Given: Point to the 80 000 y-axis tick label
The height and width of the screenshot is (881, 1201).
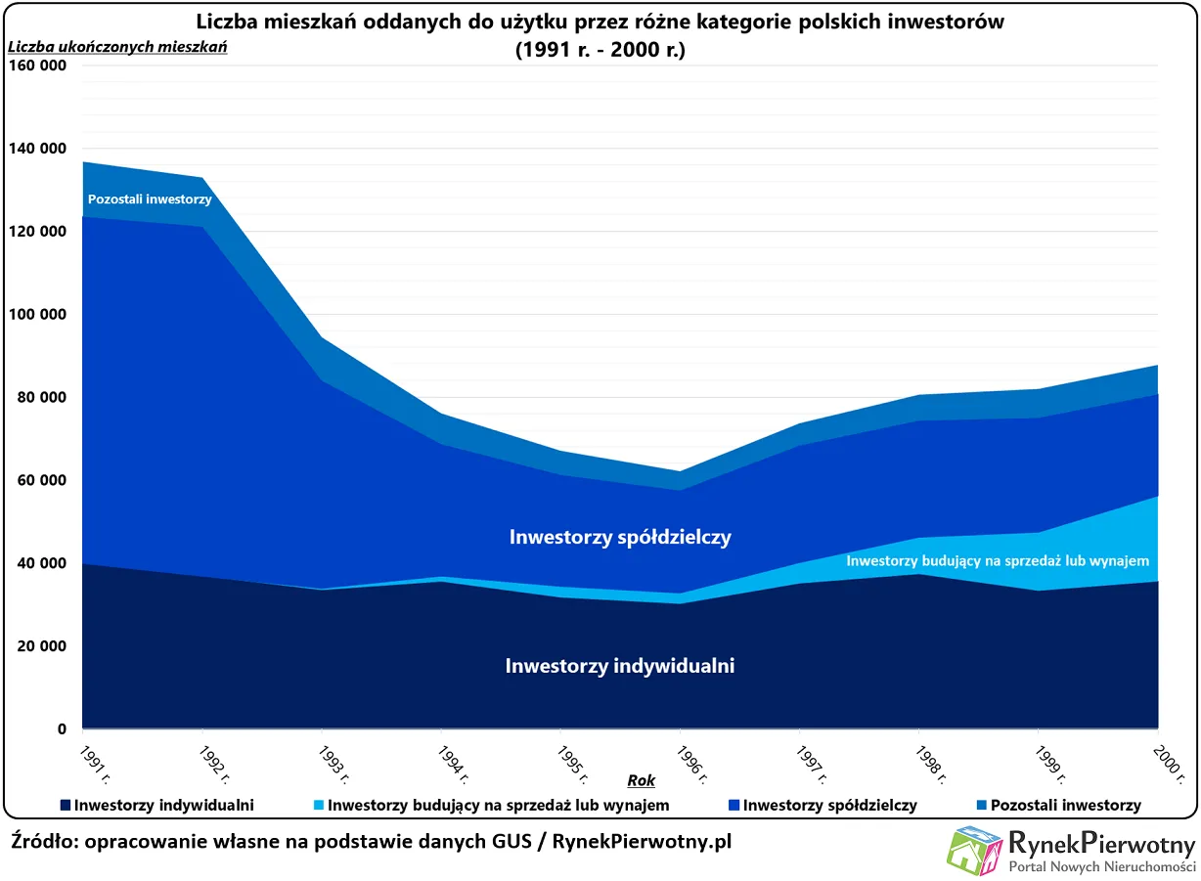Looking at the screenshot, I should [x=37, y=398].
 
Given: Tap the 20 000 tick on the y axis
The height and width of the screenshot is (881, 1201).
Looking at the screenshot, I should [x=37, y=646].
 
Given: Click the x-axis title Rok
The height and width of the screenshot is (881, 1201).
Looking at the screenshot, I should [x=642, y=780].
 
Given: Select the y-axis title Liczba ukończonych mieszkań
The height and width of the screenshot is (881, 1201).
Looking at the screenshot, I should [x=117, y=46].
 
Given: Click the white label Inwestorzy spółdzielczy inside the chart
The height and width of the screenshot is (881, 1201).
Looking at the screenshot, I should [x=620, y=537].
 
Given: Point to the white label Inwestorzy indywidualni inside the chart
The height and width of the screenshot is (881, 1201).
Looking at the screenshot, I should [x=620, y=667].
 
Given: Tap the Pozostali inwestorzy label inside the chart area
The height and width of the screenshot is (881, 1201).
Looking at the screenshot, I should [x=150, y=199].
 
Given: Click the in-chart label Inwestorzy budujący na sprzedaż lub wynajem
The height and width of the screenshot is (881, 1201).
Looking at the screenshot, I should [x=997, y=561].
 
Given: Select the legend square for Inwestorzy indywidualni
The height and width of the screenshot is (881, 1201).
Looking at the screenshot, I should [x=66, y=806].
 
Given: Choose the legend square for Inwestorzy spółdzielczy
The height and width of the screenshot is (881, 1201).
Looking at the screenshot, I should [x=734, y=806].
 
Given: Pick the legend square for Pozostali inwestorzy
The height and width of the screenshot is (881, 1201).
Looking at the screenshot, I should [x=981, y=806].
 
